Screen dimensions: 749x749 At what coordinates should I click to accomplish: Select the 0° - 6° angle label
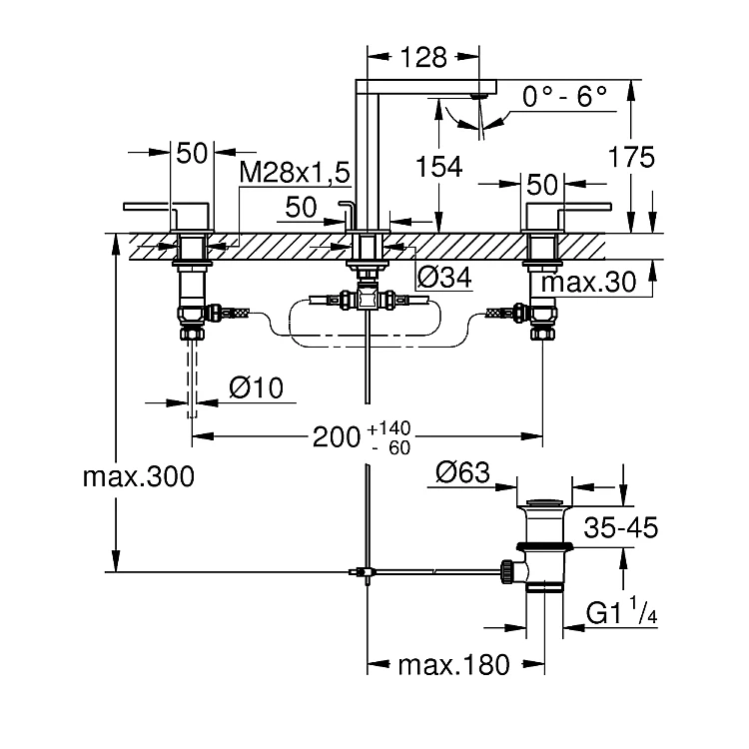565,98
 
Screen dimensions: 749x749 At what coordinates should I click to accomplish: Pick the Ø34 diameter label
442,278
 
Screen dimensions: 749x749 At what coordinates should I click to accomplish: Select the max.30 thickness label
589,282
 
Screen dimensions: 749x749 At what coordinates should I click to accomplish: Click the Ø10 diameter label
257,387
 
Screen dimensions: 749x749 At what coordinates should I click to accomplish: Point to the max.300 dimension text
139,476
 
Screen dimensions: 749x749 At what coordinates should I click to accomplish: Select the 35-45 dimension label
620,526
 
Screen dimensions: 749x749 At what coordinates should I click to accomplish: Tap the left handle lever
160,208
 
